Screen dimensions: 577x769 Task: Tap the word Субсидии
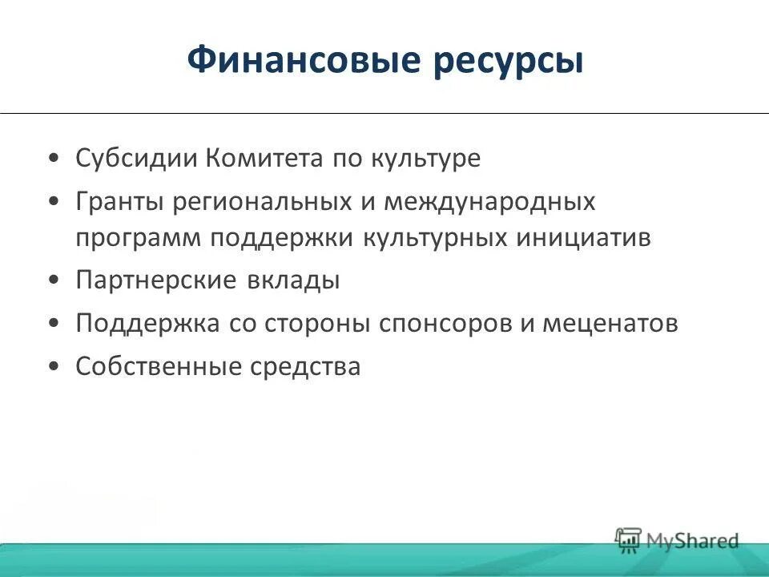point(136,158)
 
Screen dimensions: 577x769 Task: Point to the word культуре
point(425,159)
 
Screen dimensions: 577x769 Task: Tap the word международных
point(489,201)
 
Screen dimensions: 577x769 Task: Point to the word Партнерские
point(155,280)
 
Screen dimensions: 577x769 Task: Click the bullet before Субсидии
point(53,159)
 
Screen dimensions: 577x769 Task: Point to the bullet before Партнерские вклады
point(53,281)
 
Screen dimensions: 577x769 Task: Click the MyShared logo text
point(693,541)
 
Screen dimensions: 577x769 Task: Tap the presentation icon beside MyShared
point(629,539)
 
